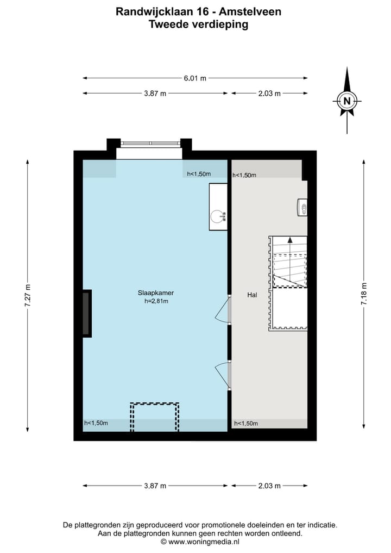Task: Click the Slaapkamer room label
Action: point(155,293)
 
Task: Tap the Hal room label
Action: point(251,295)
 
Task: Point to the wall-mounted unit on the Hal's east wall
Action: point(302,207)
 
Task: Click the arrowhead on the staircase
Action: point(290,239)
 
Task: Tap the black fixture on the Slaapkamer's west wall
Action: point(87,313)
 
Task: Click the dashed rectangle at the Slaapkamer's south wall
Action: point(154,417)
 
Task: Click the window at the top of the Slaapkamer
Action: point(150,144)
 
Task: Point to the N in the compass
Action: point(347,101)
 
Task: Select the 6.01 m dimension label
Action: point(195,78)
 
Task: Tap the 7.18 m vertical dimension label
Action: point(364,294)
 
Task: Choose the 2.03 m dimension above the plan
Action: point(269,94)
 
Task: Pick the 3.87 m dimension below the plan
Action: point(155,486)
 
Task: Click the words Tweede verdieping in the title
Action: point(198,24)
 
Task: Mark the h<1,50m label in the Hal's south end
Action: point(245,424)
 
